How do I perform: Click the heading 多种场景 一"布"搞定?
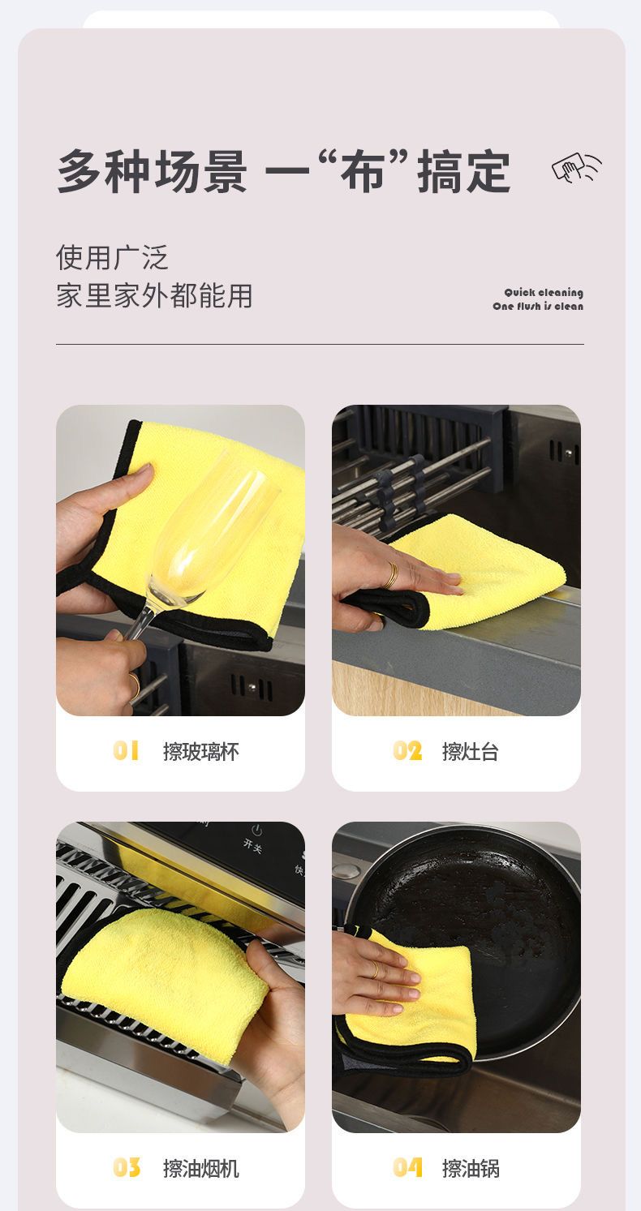(283, 171)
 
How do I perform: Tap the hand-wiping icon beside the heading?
(577, 167)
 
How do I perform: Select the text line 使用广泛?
(112, 257)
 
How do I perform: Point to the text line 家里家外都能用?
(154, 296)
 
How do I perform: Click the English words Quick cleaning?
(544, 293)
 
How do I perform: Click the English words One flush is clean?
(538, 306)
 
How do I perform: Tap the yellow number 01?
(126, 751)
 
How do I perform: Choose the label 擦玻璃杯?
(200, 751)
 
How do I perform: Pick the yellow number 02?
(407, 751)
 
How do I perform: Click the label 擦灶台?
(470, 751)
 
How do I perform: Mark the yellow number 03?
(127, 1168)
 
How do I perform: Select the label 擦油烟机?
(200, 1169)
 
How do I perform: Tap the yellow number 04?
(407, 1168)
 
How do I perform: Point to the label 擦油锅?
(471, 1169)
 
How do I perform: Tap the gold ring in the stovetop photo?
(391, 575)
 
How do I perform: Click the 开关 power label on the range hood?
(253, 845)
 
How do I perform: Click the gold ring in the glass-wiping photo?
(134, 685)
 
